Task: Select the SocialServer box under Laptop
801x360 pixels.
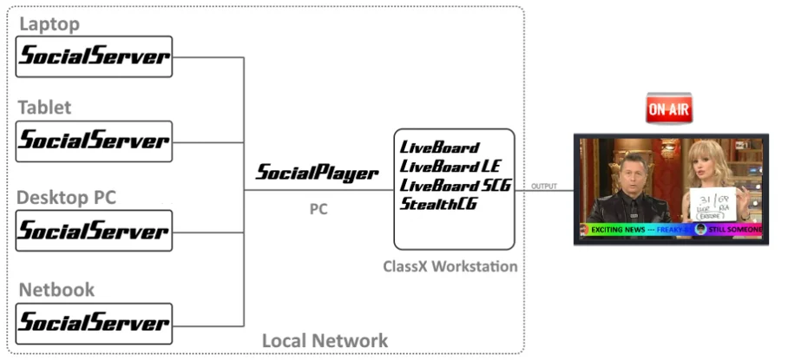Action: [95, 56]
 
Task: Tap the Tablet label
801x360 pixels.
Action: [45, 108]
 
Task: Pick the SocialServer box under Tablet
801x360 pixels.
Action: [95, 141]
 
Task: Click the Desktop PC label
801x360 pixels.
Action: [66, 198]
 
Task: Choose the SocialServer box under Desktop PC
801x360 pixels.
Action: [95, 231]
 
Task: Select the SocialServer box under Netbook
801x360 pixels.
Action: [95, 323]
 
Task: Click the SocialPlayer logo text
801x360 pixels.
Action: [317, 173]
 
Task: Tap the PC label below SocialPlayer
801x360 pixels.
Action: [318, 209]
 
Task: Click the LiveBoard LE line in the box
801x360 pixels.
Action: [450, 166]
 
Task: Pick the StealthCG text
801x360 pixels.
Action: [439, 204]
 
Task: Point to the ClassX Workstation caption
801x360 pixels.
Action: [450, 266]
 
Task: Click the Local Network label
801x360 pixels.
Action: [325, 340]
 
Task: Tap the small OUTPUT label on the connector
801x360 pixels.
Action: [544, 186]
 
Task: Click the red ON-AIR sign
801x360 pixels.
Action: [668, 108]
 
